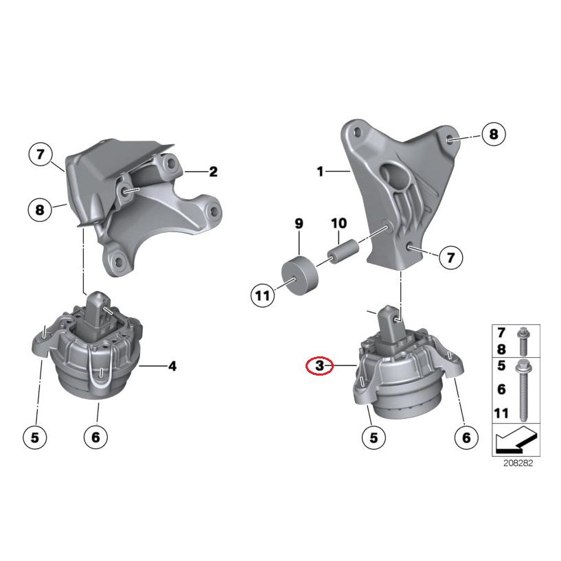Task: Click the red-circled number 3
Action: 319,367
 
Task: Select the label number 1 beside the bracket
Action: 320,172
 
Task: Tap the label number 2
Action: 213,172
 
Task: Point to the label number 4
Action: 172,367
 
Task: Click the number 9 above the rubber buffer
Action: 299,223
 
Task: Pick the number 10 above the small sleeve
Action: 339,223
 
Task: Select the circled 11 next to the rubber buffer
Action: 262,296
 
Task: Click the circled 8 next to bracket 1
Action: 493,134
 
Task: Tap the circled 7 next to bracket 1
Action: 450,257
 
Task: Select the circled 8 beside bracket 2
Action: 40,208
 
